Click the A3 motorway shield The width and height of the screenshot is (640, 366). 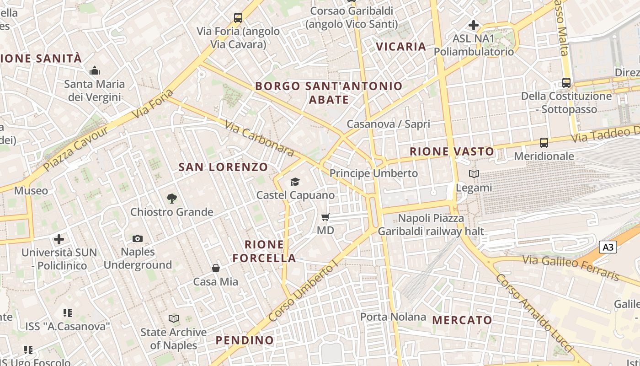coord(608,248)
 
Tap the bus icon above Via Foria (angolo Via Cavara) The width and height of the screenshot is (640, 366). coord(238,18)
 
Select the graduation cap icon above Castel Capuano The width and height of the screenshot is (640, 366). coord(295,182)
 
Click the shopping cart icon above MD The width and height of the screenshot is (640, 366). coord(325,217)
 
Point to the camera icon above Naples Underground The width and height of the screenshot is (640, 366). coord(137,238)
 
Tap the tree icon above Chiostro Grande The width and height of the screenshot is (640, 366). coord(171,199)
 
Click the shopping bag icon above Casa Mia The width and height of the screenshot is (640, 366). coord(215,268)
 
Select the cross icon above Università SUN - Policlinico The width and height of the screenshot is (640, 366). coord(59,239)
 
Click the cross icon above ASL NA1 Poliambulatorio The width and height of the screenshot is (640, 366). coord(474,25)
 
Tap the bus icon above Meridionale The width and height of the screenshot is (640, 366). coord(544,143)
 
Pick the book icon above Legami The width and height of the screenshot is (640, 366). coord(474,174)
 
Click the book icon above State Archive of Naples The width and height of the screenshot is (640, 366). coord(173,319)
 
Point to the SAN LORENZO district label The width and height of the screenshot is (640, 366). coord(223,167)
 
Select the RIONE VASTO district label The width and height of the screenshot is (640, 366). coord(452,151)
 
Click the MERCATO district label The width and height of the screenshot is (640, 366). coord(462,320)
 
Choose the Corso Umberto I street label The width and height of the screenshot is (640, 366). coord(303,292)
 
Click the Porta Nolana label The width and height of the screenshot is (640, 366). coord(393,317)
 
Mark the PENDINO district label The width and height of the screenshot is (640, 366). coord(245,340)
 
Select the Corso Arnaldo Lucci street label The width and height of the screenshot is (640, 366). coord(534,313)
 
